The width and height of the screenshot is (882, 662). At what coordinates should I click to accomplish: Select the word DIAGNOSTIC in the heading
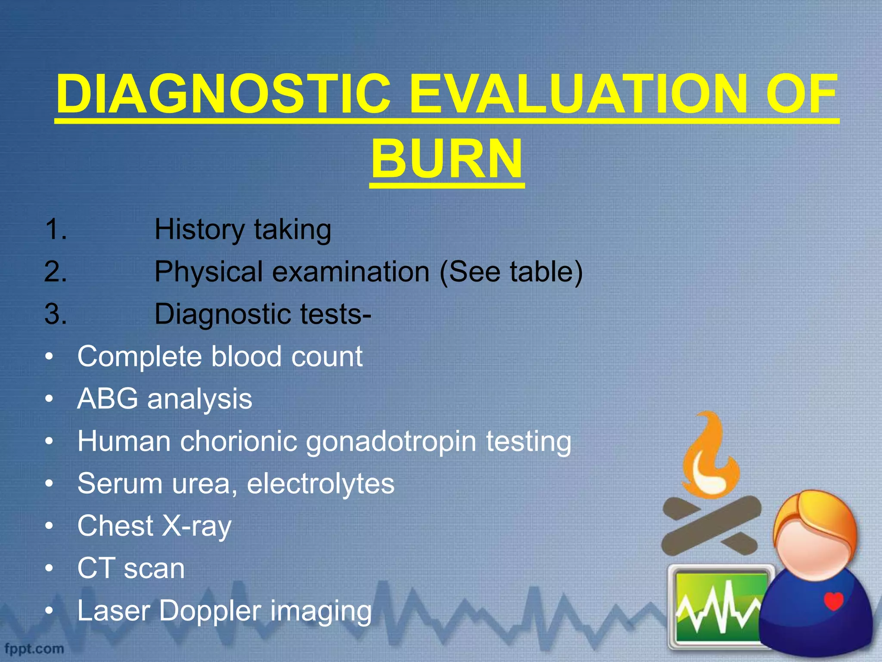pyautogui.click(x=224, y=94)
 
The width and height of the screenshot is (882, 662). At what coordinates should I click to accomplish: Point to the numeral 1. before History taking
pyautogui.click(x=56, y=229)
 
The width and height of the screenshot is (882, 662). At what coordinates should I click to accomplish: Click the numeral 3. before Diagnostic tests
pyautogui.click(x=56, y=314)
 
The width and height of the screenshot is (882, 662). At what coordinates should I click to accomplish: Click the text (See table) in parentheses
pyautogui.click(x=511, y=272)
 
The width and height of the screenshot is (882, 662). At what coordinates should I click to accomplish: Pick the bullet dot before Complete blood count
pyautogui.click(x=50, y=357)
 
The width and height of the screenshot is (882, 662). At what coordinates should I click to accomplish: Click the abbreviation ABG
pyautogui.click(x=108, y=399)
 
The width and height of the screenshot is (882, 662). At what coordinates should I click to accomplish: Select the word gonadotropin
pyautogui.click(x=391, y=442)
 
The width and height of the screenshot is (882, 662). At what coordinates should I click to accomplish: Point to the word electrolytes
pyautogui.click(x=320, y=484)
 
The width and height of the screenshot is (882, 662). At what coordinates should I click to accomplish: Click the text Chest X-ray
pyautogui.click(x=154, y=526)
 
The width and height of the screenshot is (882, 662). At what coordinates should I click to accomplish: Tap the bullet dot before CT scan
pyautogui.click(x=50, y=568)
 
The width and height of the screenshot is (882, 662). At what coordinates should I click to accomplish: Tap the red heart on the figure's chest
pyautogui.click(x=833, y=600)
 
